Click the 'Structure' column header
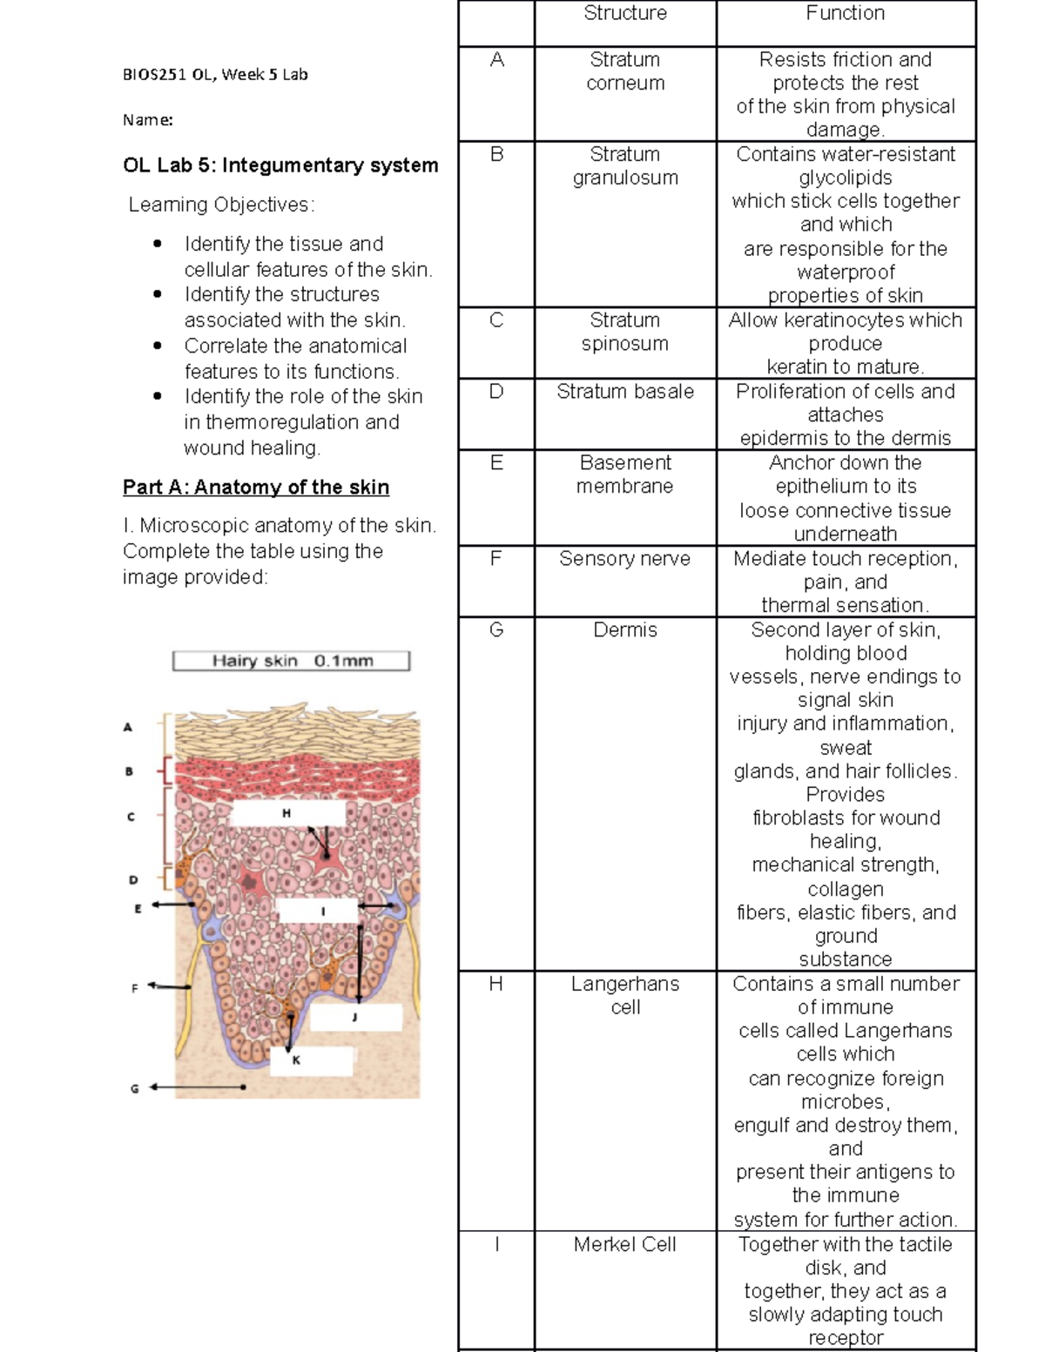pos(625,14)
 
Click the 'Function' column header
pos(845,14)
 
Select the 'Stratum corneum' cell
pos(625,72)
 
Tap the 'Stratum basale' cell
pos(625,392)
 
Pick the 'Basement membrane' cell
pos(625,474)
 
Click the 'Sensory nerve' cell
pos(625,559)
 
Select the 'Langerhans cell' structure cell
pos(625,995)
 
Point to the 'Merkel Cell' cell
pos(625,1245)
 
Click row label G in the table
pos(496,629)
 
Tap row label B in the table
pos(496,155)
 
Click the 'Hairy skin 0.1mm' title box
pos(291,662)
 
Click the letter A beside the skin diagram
pos(128,727)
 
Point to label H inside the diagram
pos(287,813)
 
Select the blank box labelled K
pos(311,1060)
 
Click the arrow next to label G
pos(197,1087)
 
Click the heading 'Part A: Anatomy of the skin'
pos(256,488)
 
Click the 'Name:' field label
pos(148,120)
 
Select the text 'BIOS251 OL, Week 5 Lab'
pos(215,75)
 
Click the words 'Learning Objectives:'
pos(221,205)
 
